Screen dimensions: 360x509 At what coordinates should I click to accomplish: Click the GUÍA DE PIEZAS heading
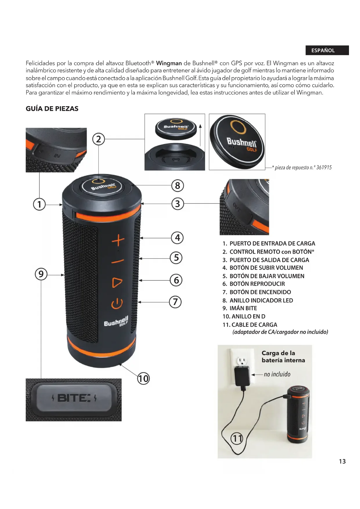(x=52, y=109)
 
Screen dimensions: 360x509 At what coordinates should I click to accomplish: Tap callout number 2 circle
(x=99, y=139)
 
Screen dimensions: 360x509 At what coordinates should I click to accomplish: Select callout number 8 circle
(x=178, y=185)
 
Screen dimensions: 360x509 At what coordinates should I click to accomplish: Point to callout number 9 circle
(x=41, y=274)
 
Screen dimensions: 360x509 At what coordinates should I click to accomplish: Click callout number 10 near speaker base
(x=143, y=378)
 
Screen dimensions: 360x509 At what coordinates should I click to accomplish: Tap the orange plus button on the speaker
(x=118, y=241)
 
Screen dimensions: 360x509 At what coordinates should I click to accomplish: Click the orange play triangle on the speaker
(x=117, y=282)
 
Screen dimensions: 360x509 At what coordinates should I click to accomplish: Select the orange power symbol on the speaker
(x=117, y=304)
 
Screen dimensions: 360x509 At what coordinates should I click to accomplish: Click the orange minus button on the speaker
(x=117, y=261)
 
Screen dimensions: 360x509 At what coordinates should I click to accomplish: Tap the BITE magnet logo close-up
(x=74, y=398)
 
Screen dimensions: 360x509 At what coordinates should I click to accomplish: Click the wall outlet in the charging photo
(x=242, y=361)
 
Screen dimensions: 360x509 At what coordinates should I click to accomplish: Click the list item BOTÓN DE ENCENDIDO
(x=260, y=292)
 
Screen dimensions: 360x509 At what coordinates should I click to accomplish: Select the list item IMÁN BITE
(x=243, y=308)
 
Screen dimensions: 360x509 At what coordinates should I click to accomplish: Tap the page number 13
(x=342, y=461)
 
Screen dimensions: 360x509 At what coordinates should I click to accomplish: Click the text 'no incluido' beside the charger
(x=277, y=374)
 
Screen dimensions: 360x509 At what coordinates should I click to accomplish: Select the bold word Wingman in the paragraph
(x=169, y=63)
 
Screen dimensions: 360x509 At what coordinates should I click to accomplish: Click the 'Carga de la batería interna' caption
(x=283, y=357)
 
